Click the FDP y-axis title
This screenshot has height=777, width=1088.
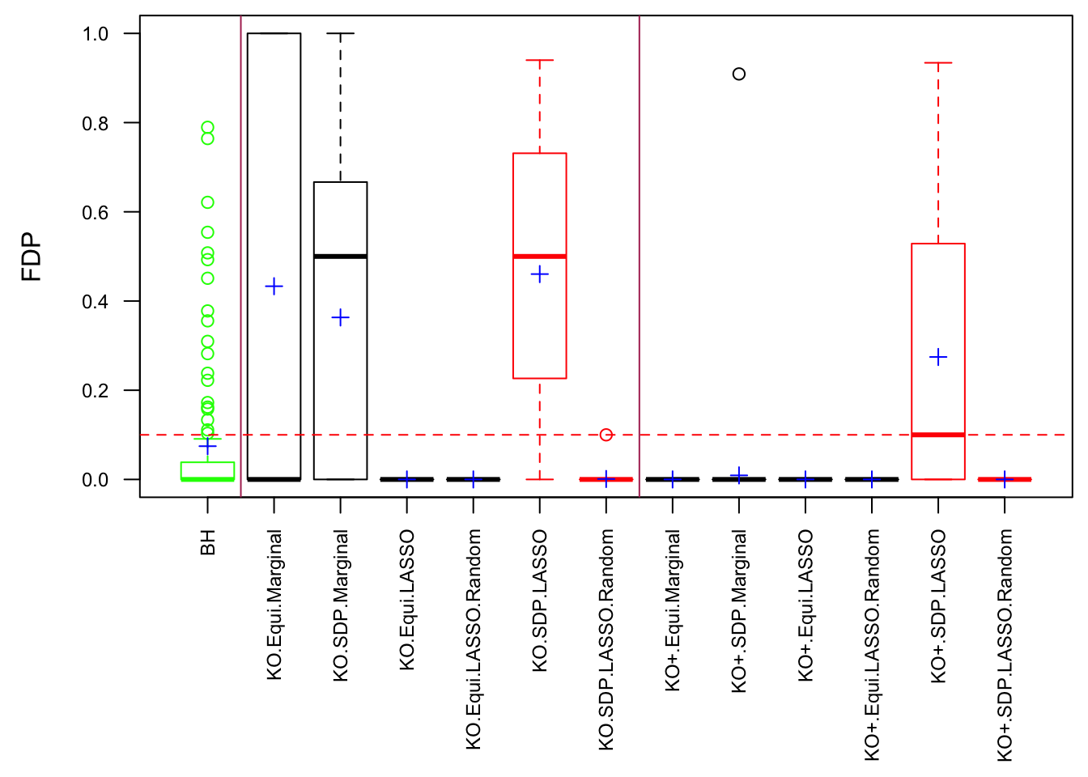point(32,257)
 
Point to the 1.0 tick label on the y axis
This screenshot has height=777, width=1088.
point(96,34)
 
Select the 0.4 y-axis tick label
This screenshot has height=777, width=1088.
point(96,302)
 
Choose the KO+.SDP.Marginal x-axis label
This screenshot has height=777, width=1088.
point(739,611)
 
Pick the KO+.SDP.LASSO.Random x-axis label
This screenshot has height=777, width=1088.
point(1005,645)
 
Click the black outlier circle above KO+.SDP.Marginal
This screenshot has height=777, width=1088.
point(739,74)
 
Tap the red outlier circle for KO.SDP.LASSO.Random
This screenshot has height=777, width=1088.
point(606,435)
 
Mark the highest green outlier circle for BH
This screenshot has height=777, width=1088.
point(208,128)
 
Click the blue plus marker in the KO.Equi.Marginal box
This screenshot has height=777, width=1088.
point(274,287)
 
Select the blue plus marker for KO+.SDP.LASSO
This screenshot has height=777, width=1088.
point(938,357)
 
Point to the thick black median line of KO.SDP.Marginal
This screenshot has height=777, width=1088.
point(341,257)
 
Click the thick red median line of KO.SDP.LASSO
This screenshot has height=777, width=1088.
point(540,257)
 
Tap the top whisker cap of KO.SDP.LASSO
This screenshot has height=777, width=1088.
point(540,60)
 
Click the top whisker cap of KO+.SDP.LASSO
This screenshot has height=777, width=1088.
point(938,62)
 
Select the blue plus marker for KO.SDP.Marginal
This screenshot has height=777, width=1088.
point(341,317)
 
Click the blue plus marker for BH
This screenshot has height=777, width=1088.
point(208,446)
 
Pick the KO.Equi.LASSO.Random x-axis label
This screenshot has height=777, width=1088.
point(474,639)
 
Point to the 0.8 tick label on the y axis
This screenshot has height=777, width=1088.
point(96,123)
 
